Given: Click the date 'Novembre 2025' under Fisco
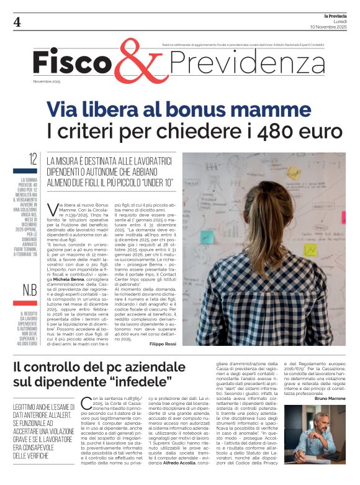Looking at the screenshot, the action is click(x=47, y=81).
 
